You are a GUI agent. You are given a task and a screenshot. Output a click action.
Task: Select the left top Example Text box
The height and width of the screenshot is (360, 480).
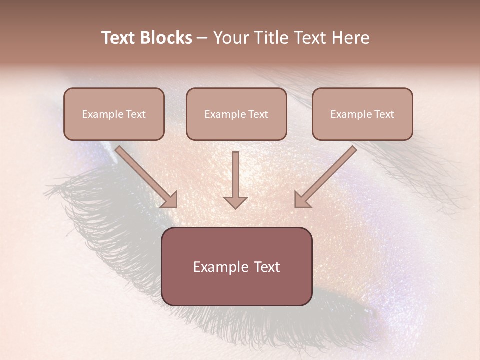coord(114,114)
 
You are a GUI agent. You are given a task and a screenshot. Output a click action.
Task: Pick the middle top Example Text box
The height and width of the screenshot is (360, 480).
coord(236,114)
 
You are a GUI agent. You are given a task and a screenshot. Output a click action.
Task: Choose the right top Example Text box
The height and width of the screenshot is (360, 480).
coord(362,114)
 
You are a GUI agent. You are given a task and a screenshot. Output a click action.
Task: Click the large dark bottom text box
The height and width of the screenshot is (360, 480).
coord(236,266)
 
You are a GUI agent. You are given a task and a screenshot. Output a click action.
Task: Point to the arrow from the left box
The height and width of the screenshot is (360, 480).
coord(145,175)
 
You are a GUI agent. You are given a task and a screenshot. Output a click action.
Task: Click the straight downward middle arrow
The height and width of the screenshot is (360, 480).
coord(235,177)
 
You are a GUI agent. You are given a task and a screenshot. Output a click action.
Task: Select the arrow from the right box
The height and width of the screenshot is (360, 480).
coord(327,175)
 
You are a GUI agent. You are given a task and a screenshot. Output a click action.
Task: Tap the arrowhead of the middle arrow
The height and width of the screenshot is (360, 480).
coord(235,202)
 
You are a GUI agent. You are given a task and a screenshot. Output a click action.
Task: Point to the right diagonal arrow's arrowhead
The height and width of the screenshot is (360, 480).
coord(301,200)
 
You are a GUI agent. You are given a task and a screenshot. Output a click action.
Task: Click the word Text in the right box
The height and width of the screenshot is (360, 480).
coord(383,114)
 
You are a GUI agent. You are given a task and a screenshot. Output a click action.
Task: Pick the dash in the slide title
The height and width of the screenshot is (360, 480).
coord(202,38)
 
